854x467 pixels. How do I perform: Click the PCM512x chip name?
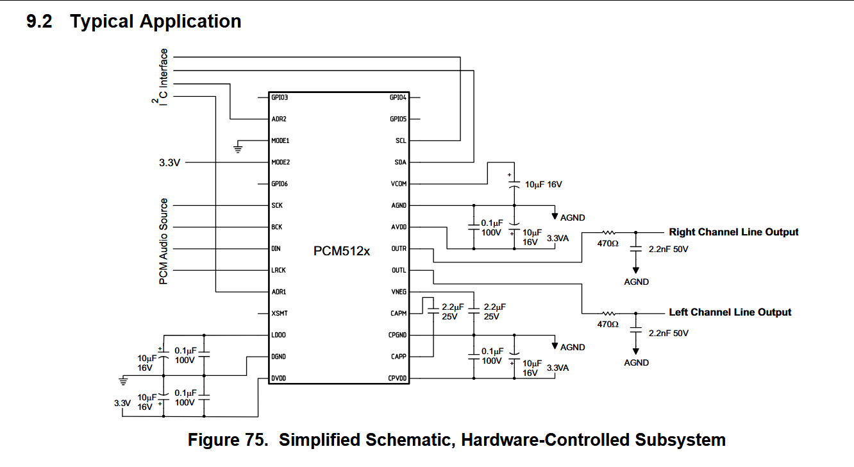click(x=342, y=251)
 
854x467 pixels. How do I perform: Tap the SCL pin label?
click(x=401, y=140)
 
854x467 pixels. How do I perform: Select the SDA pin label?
click(x=401, y=162)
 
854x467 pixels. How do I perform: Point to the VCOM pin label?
click(x=399, y=184)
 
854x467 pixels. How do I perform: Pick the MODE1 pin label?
click(x=280, y=140)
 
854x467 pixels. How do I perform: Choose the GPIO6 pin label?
click(x=280, y=184)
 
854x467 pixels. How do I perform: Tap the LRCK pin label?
click(x=278, y=271)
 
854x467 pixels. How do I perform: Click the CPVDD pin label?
click(x=398, y=378)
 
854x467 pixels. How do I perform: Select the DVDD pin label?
click(x=278, y=378)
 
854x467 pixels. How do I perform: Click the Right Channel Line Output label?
click(x=733, y=232)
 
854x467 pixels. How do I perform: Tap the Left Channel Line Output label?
click(x=730, y=312)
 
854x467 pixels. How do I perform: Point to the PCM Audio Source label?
click(x=164, y=242)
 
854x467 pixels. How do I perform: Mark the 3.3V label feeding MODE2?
click(x=170, y=163)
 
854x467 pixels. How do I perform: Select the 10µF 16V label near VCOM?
click(x=544, y=185)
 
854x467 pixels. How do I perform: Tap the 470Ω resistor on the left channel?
click(x=608, y=313)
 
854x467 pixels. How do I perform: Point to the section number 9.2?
click(x=40, y=22)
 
